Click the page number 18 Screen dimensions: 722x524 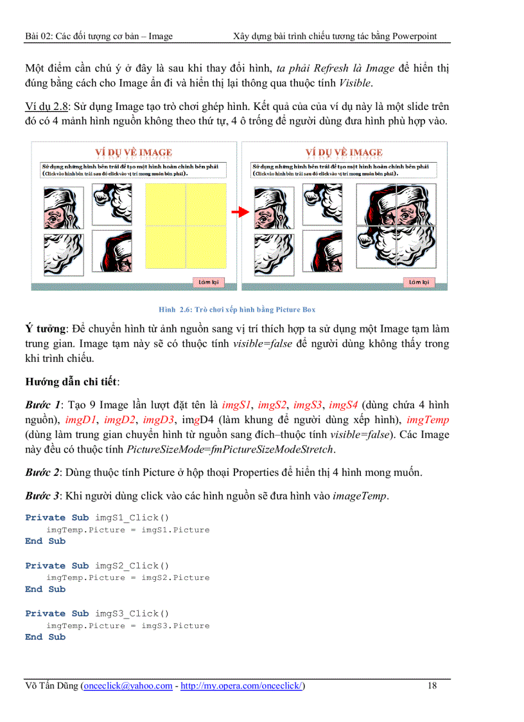432,685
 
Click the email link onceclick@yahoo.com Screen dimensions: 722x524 128,686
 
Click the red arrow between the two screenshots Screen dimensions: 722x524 239,213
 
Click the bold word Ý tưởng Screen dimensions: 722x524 43,329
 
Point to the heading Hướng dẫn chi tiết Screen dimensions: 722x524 71,382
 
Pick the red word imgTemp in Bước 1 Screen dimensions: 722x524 428,420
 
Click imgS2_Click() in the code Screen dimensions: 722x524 132,566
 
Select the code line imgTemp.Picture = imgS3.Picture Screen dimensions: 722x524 128,626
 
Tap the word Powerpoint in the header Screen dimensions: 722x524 415,36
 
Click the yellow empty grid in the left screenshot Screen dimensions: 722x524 186,224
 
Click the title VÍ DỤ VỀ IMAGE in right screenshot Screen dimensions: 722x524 344,152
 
